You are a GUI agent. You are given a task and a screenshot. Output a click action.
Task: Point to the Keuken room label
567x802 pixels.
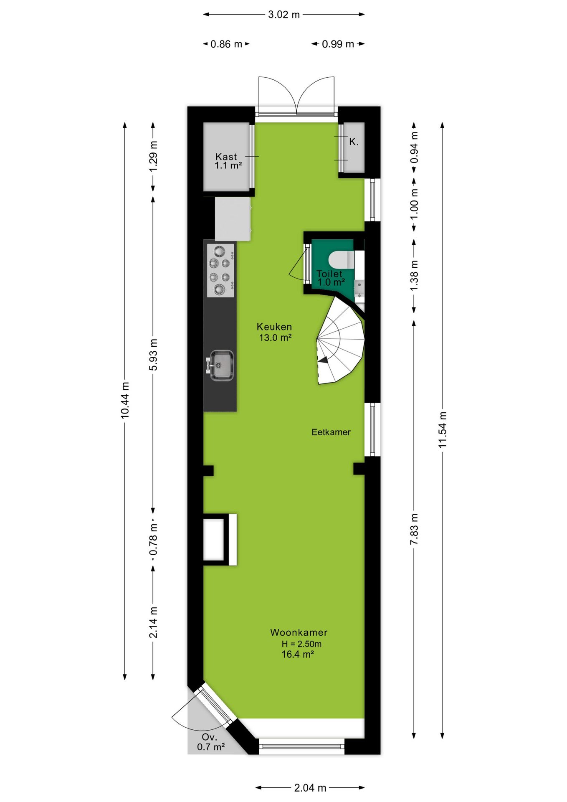pos(274,327)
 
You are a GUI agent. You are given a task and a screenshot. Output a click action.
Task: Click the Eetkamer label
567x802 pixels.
pos(331,432)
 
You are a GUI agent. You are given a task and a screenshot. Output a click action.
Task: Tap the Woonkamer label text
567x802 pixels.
pos(299,632)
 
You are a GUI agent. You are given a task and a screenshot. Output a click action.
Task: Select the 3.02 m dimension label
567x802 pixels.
pos(284,15)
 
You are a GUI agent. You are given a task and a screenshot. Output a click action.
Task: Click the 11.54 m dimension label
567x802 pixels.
pos(443,430)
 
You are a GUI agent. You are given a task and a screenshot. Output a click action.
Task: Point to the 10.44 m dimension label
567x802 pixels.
pos(125,400)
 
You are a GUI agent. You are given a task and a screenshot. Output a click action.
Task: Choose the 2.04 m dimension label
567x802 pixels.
pos(310,788)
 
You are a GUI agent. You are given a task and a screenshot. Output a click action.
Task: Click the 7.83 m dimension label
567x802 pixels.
pos(414,529)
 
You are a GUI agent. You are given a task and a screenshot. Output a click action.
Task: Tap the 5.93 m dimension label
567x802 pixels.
pos(153,355)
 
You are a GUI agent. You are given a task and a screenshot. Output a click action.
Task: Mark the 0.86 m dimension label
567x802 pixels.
pos(226,44)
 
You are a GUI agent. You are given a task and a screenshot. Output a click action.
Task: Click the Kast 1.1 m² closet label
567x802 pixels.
pos(228,161)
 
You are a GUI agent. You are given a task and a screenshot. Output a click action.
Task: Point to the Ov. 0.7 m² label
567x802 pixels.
pos(211,742)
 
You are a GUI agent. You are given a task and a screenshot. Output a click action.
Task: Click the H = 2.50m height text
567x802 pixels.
pos(301,644)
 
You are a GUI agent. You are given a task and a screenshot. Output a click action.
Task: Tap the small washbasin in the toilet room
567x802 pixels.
pos(359,288)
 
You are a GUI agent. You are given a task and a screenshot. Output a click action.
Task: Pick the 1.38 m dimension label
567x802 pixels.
pos(414,276)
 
